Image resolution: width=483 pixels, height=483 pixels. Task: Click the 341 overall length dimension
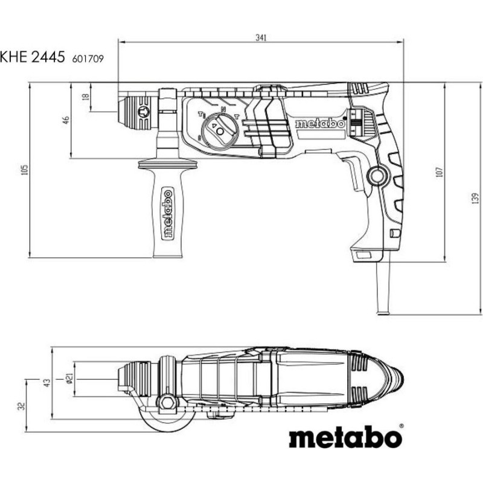261,37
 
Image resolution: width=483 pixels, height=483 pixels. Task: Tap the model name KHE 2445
33,57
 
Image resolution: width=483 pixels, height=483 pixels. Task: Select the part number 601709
88,59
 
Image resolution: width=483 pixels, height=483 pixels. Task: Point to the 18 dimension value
86,97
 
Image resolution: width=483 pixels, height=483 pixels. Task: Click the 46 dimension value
66,120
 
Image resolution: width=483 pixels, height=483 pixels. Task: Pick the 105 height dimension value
25,170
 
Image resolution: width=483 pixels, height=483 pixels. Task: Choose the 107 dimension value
440,172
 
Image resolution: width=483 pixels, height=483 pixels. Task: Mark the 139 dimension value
475,198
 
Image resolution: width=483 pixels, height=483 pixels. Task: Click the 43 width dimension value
46,383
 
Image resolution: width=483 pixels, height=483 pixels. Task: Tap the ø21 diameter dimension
69,379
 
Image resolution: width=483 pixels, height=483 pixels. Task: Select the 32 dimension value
21,406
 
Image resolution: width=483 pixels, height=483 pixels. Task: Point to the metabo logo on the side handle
168,214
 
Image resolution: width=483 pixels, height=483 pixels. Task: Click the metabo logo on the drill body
320,123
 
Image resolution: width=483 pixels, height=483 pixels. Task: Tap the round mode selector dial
220,130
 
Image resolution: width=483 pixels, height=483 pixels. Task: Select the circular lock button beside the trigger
377,176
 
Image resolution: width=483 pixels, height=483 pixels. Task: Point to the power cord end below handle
383,313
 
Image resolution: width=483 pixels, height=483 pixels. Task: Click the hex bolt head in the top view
168,402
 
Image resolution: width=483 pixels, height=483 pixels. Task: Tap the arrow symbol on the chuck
144,112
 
